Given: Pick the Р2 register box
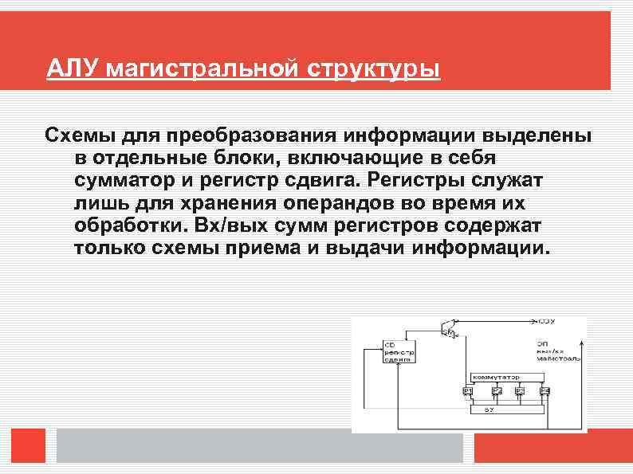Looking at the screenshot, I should [496, 391].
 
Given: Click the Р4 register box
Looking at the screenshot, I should [545, 391].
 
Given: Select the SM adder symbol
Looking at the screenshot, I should [448, 326].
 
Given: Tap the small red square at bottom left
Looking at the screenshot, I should [29, 446].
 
